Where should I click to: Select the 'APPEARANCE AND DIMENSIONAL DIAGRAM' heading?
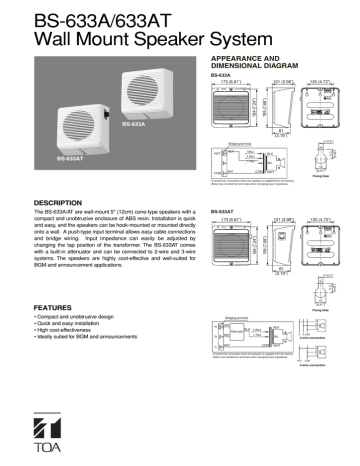pos(263,62)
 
